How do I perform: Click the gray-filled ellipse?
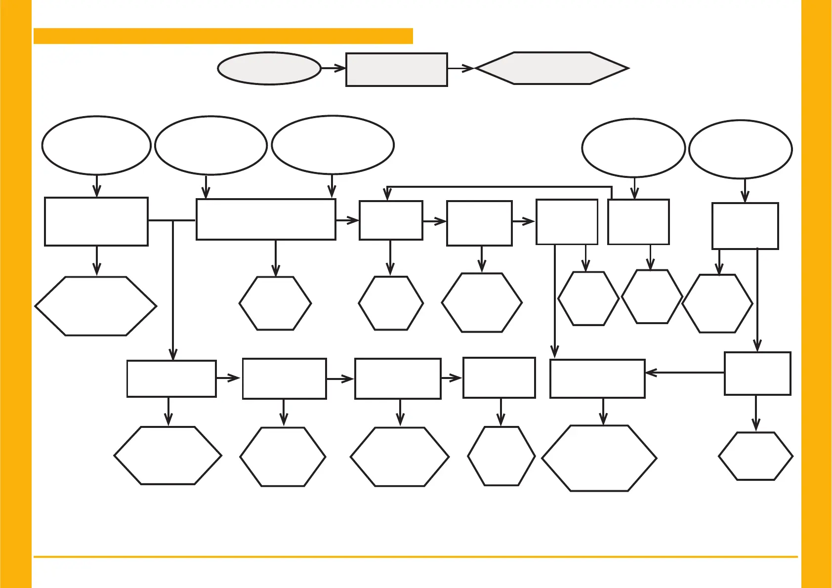point(269,69)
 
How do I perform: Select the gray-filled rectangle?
point(396,70)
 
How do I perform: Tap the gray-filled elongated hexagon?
point(552,68)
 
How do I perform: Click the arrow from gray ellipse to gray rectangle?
point(333,68)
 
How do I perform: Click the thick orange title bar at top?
point(223,36)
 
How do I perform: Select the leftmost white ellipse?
point(96,145)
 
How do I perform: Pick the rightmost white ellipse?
point(740,149)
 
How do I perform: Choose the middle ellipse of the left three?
point(211,145)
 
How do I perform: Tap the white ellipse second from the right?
point(633,148)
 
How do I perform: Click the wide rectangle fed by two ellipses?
point(266,219)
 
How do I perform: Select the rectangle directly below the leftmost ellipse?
point(96,221)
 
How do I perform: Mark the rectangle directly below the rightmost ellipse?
point(745,226)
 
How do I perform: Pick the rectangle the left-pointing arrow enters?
point(597,378)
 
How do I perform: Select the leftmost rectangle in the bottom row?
point(171,378)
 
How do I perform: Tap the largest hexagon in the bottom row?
point(599,458)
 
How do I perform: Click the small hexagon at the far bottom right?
point(755,456)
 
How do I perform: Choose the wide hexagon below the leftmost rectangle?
point(96,306)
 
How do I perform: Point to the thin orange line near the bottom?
point(415,557)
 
